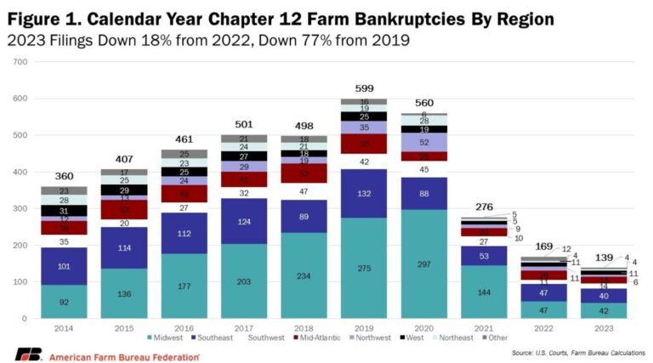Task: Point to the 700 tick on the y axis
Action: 20,62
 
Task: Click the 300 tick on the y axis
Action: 20,209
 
